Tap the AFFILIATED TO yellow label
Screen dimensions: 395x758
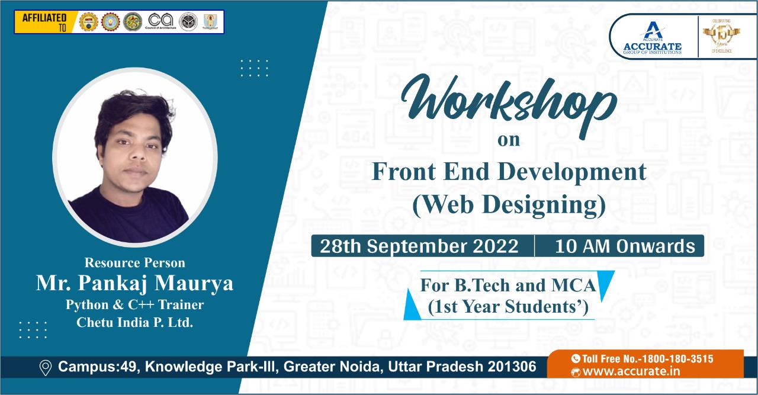click(44, 21)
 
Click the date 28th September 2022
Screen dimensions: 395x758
click(419, 246)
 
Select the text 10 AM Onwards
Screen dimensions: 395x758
click(625, 246)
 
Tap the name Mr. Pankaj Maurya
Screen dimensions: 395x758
click(135, 283)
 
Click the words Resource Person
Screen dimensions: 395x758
click(135, 262)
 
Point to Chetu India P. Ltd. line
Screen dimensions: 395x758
click(135, 323)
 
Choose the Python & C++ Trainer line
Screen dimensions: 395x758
click(135, 305)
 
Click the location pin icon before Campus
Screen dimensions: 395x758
click(45, 368)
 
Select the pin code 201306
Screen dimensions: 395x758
click(512, 367)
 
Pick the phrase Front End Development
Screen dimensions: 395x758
click(508, 172)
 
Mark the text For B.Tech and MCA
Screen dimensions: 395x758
click(508, 285)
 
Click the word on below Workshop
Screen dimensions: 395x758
click(508, 140)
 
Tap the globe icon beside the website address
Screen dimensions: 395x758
click(575, 372)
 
